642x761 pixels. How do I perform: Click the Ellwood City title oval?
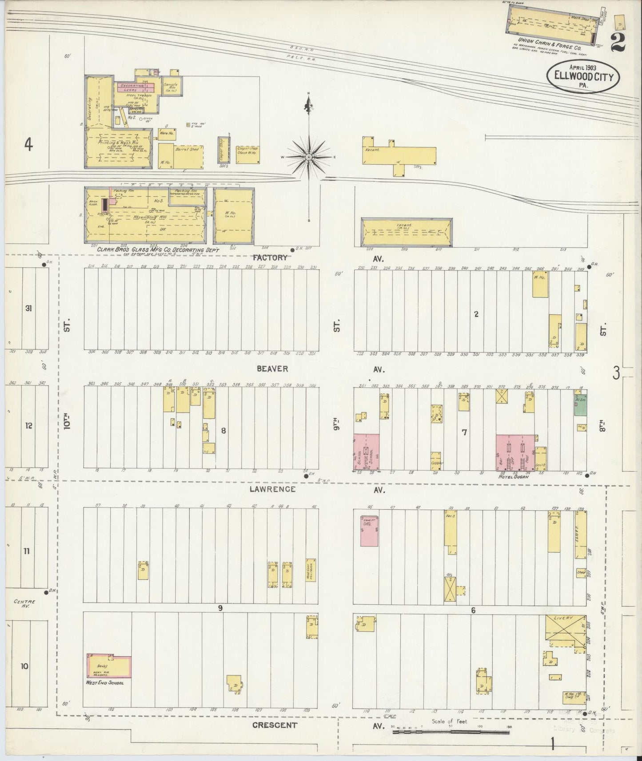pos(582,76)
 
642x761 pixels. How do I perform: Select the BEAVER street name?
pos(272,369)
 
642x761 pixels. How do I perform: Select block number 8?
pos(223,430)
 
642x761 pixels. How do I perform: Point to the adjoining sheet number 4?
pos(29,145)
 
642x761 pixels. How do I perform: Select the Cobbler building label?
pos(436,463)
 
